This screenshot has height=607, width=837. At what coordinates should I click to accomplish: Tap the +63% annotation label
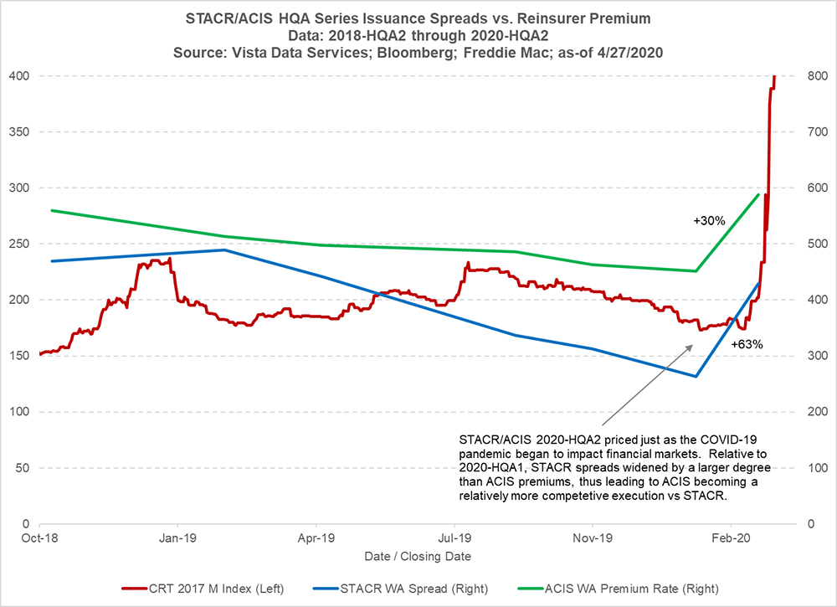pos(747,344)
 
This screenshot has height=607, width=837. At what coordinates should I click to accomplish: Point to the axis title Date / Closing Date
pos(417,556)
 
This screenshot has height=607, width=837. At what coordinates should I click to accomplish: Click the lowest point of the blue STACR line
pos(696,376)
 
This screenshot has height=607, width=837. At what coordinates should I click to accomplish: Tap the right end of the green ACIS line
pos(758,194)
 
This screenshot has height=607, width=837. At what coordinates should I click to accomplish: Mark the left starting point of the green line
pos(52,210)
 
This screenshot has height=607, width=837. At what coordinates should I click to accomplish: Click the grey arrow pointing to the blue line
pos(644,394)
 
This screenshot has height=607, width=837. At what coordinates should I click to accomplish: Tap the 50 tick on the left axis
pos(23,468)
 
